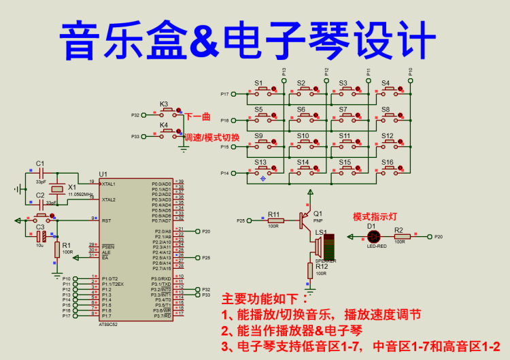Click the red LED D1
coord(373,237)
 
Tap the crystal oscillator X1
coord(59,189)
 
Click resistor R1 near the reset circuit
coord(57,249)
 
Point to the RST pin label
coord(107,220)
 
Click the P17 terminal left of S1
coord(225,94)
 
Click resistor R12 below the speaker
coord(311,270)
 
